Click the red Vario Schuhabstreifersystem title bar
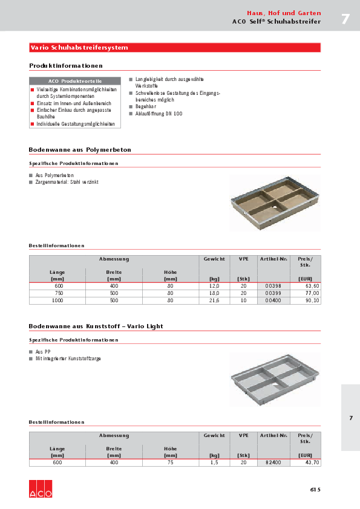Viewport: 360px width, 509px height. tap(174, 47)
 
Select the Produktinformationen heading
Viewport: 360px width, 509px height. tap(66, 65)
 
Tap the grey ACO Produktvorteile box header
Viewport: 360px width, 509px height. tap(75, 81)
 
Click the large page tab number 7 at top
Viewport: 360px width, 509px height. tap(345, 19)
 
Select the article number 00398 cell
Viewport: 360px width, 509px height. tap(273, 286)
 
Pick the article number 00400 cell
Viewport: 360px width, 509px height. tap(273, 300)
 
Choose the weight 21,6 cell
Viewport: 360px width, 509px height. tap(214, 300)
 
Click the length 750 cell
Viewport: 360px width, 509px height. tap(58, 293)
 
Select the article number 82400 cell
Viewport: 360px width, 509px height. tap(273, 462)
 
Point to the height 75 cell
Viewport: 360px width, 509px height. tap(171, 462)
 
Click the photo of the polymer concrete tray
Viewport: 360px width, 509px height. tap(275, 203)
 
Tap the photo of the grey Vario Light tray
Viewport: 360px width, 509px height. tap(275, 379)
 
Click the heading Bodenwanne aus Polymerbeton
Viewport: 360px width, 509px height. tap(80, 149)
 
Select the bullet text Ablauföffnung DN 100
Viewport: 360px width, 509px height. tap(159, 114)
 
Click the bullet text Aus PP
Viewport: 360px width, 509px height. tap(42, 351)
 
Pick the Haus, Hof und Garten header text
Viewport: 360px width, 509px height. tap(284, 13)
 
